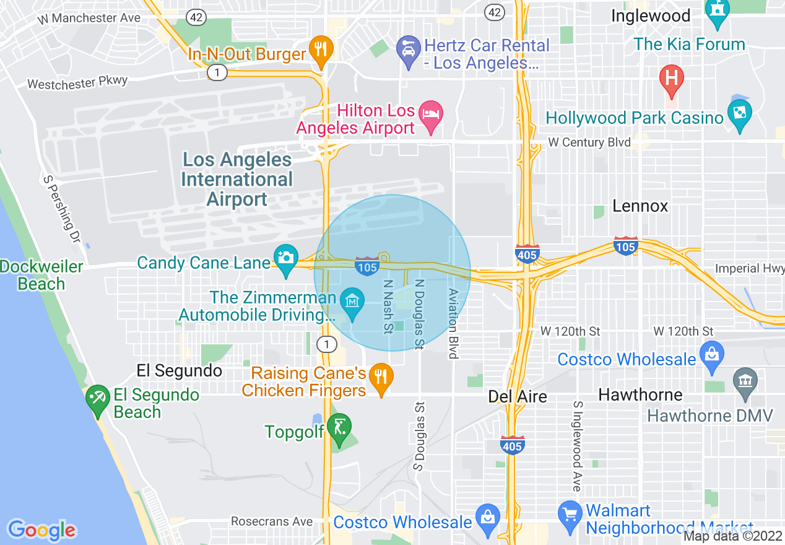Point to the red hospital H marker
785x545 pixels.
(x=671, y=79)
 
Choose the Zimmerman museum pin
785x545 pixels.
(x=353, y=303)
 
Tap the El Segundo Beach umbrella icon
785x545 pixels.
(x=97, y=400)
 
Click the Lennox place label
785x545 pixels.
(x=640, y=206)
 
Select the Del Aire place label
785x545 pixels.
(x=518, y=396)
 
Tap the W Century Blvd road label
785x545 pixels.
(x=589, y=143)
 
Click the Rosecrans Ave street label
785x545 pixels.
(x=272, y=521)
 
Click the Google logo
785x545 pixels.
(x=42, y=530)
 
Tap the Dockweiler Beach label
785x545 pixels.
(x=41, y=276)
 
